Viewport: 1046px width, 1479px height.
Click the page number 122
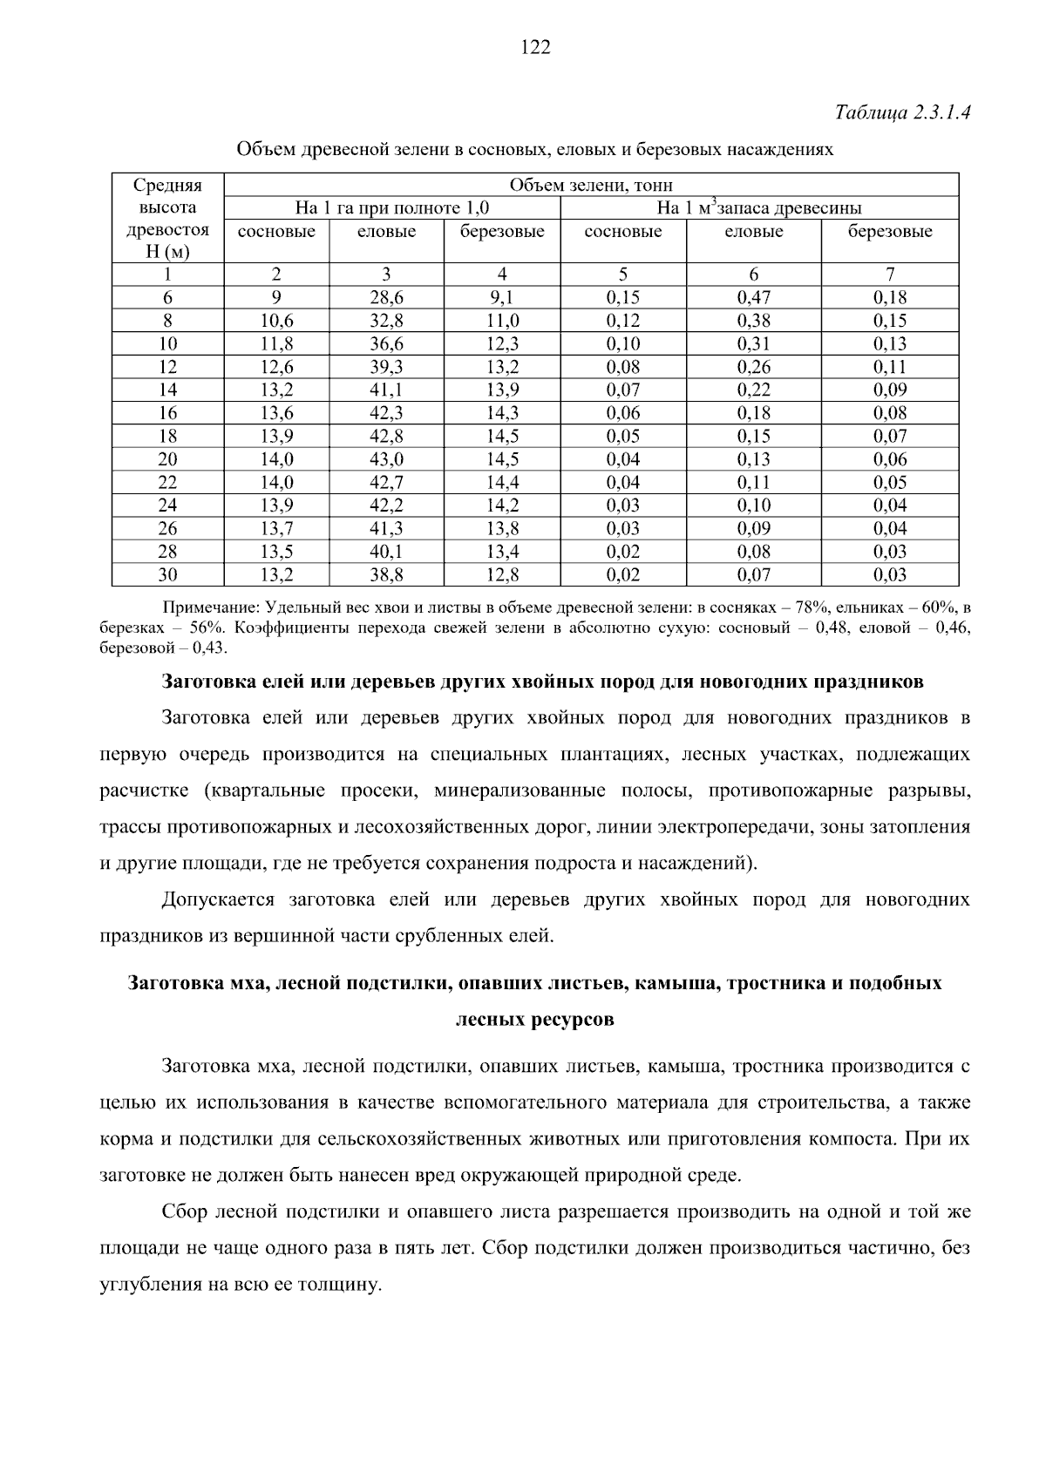tap(535, 48)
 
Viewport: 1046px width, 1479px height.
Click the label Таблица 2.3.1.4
tap(902, 113)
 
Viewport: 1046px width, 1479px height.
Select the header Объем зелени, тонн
tap(591, 185)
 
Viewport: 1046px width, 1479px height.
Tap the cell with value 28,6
tap(386, 297)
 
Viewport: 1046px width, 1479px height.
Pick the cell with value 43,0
tap(386, 459)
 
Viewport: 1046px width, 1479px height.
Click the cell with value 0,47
tap(753, 297)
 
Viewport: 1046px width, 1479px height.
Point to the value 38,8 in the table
tap(386, 575)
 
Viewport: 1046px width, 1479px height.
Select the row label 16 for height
tap(167, 413)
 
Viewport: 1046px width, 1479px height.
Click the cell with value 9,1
tap(502, 297)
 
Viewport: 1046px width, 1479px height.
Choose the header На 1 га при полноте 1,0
tap(391, 208)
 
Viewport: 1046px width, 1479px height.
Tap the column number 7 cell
tap(889, 275)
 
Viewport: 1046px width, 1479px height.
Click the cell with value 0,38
tap(753, 321)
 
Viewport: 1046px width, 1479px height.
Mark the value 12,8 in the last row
tap(502, 575)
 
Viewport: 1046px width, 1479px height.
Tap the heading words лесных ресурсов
tap(534, 1020)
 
